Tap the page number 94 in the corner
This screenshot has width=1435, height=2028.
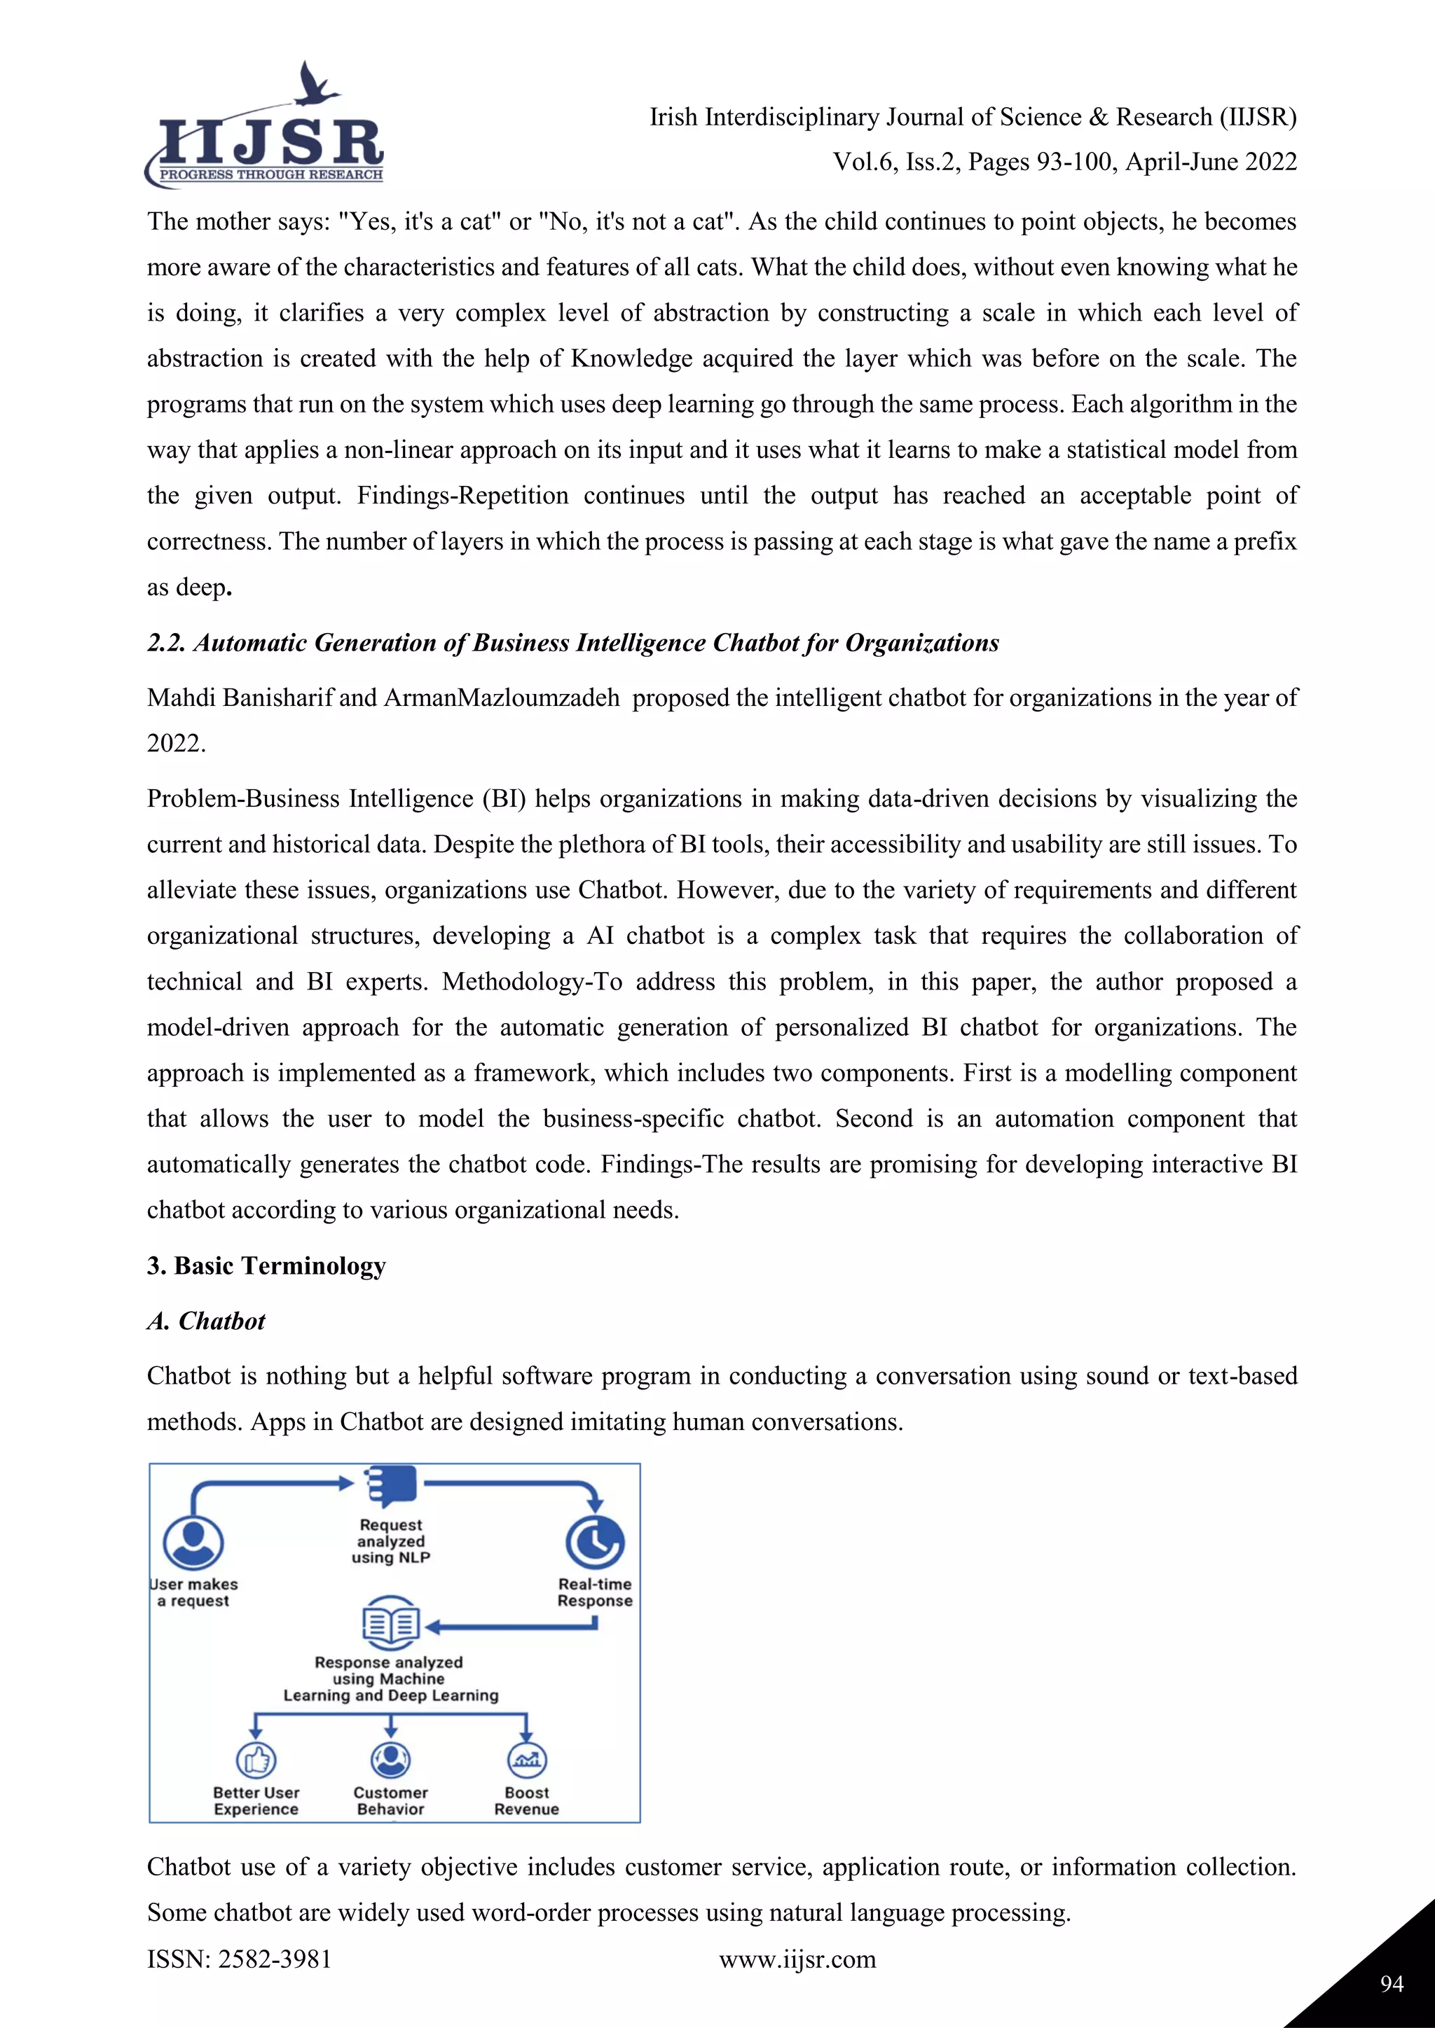pos(1392,1984)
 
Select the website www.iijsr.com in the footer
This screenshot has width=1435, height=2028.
pos(797,1959)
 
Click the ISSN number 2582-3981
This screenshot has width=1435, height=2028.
pos(274,1959)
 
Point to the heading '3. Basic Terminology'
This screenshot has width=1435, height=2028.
pos(266,1265)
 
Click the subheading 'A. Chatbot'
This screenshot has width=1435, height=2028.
pos(206,1321)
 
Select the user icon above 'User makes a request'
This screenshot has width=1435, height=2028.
pos(193,1542)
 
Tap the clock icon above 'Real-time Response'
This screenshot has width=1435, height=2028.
pos(595,1542)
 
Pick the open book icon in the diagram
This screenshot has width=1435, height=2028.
pos(390,1623)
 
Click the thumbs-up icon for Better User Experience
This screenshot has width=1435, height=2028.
pos(256,1760)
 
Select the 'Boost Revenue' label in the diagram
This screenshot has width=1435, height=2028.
pos(527,1801)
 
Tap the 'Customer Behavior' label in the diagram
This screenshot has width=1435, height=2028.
pos(390,1801)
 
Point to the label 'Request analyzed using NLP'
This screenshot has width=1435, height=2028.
pos(390,1541)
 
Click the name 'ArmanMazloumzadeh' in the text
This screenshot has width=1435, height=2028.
pos(501,697)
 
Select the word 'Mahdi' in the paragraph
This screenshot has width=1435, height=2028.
pos(181,697)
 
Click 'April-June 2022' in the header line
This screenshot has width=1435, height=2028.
pos(1211,162)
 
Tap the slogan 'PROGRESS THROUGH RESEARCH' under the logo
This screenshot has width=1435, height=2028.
pos(270,175)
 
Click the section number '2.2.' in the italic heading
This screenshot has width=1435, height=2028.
pos(166,643)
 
